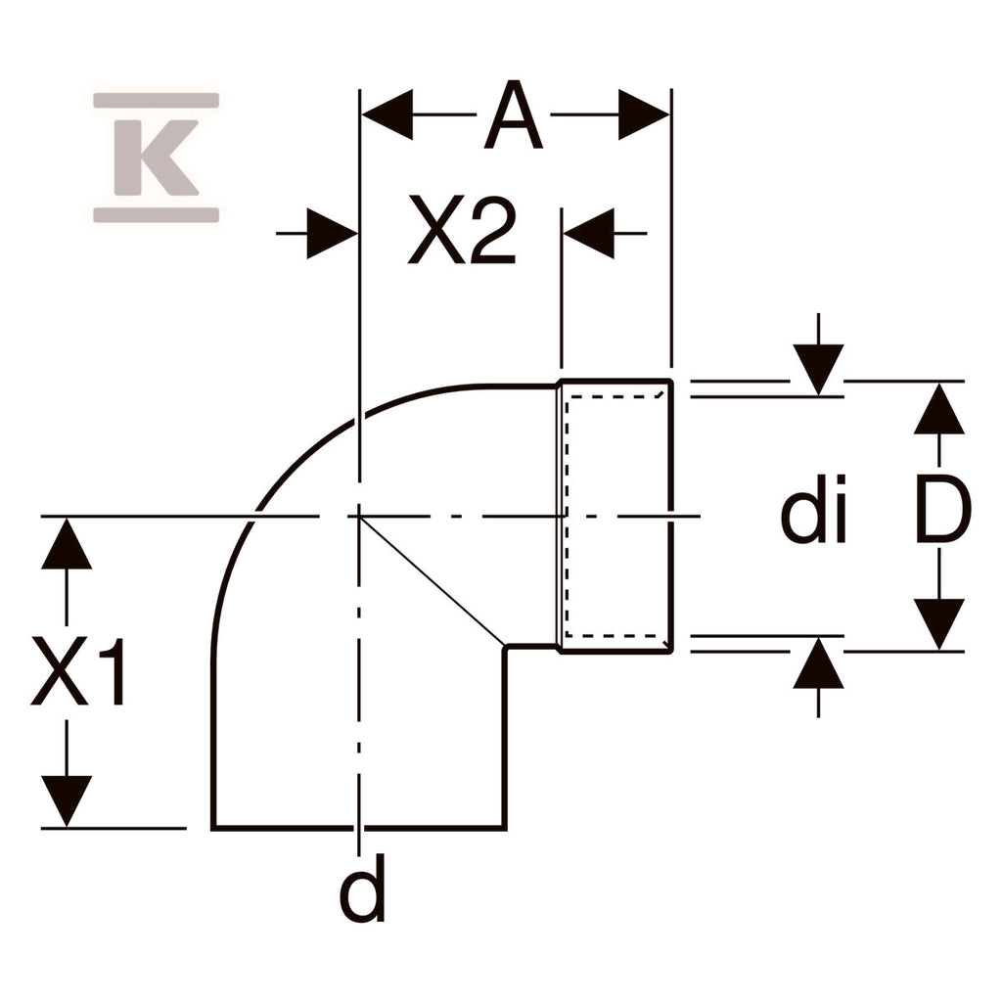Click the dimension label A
click(513, 115)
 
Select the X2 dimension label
click(462, 230)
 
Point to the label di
click(813, 509)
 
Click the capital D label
click(943, 511)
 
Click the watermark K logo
click(157, 158)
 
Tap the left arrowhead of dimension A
click(387, 115)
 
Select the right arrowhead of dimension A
click(644, 115)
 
